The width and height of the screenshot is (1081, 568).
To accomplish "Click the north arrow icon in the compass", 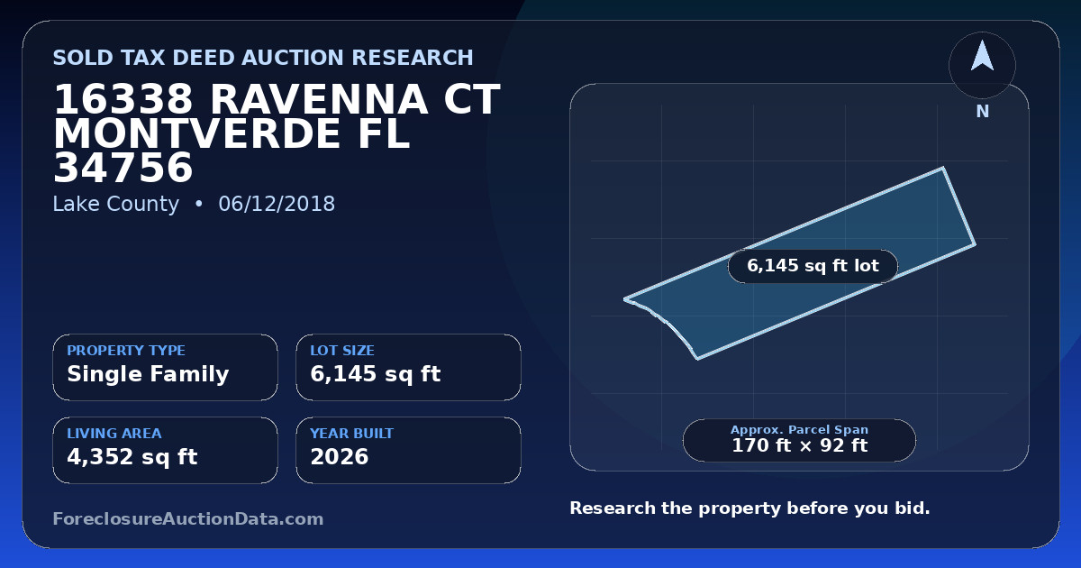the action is point(982,57).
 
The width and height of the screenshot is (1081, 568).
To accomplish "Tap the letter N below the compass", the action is point(983,112).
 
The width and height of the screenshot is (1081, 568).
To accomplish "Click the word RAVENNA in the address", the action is point(319,99).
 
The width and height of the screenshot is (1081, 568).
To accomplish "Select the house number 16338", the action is point(123,99).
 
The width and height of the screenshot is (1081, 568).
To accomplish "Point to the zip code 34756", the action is point(123,168).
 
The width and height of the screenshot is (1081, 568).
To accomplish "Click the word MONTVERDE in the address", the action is point(196,133).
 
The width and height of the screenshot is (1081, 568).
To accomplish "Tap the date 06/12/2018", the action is point(277,204).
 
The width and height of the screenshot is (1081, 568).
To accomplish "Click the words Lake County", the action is point(116,204).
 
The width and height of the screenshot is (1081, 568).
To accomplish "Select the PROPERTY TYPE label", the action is point(126,350).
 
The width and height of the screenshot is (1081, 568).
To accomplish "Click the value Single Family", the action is point(148,374).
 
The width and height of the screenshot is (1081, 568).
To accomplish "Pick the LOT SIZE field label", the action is point(342,350).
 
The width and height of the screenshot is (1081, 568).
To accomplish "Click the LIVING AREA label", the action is point(114,434).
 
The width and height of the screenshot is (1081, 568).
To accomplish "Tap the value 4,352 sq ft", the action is point(132,457).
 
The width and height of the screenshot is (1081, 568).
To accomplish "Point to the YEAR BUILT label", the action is point(352,434).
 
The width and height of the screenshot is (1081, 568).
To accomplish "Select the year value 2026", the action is point(340,457).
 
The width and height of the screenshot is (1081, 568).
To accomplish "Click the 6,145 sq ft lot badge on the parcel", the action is point(813,266).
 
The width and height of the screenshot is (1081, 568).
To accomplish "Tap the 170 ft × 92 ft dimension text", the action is point(800,445).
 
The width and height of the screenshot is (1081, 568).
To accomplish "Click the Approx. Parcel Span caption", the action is point(800,429).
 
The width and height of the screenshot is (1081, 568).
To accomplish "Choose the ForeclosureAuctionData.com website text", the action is point(188,519).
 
